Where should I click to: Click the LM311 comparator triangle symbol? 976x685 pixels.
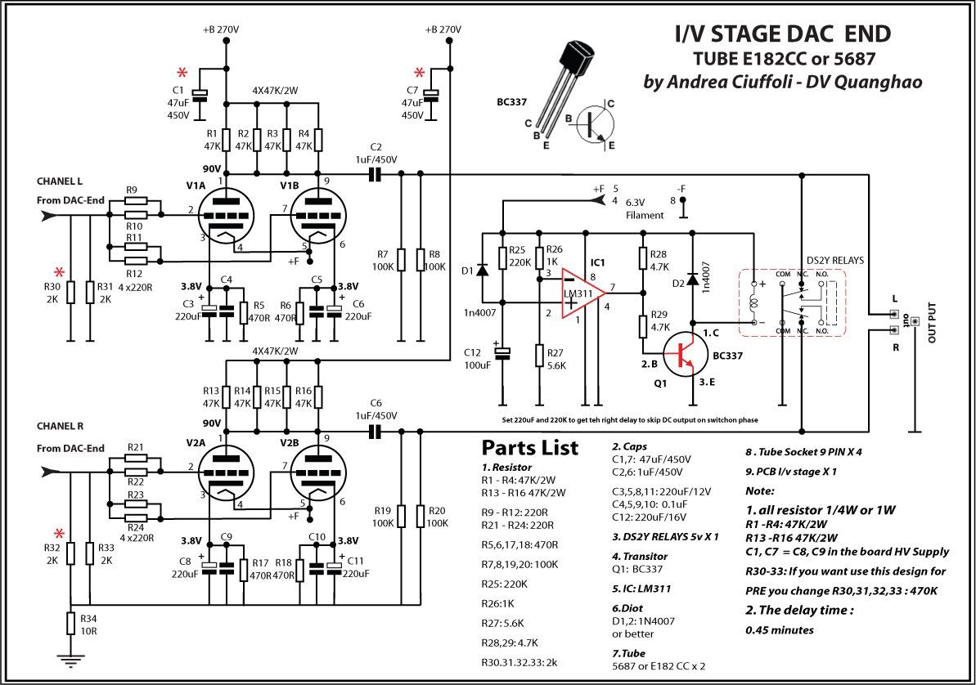point(582,293)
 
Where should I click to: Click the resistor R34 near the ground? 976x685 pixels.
point(70,623)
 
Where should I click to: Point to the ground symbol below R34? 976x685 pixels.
point(70,660)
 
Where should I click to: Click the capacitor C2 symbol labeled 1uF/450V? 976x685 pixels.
point(375,175)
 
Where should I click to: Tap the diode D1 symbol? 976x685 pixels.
point(482,271)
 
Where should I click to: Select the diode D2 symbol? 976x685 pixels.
point(691,278)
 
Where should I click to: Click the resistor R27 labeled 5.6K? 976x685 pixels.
point(538,356)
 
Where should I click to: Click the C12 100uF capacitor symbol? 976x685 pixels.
point(501,353)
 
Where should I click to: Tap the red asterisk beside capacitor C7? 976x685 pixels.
point(420,72)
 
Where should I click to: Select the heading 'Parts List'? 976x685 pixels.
point(529,447)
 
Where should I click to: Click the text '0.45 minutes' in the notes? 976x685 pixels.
point(780,630)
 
